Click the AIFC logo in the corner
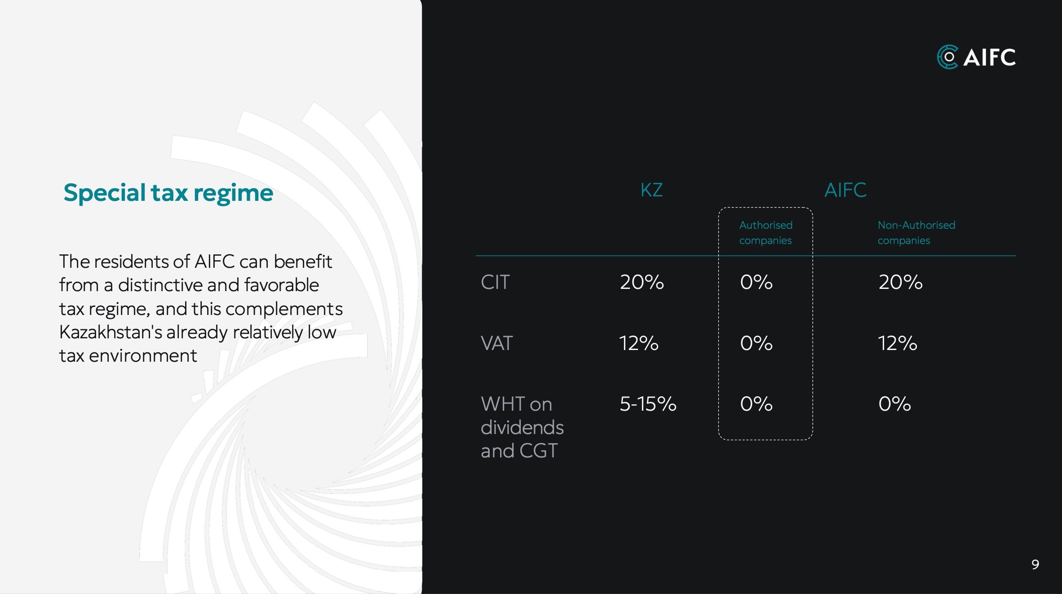point(976,57)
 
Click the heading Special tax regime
point(168,193)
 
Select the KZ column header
point(651,190)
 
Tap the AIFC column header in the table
point(845,190)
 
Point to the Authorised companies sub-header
point(766,233)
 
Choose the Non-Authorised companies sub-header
point(916,233)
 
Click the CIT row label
point(495,282)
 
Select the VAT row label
point(496,343)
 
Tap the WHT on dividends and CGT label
point(522,427)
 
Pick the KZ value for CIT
point(642,282)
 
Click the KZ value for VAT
point(639,343)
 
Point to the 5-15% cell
point(648,404)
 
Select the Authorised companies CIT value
point(757,282)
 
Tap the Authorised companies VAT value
point(757,343)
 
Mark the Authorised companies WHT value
point(757,404)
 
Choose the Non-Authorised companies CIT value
point(900,282)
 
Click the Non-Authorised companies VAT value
point(898,343)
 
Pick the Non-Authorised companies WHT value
point(895,404)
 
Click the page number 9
point(1035,564)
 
